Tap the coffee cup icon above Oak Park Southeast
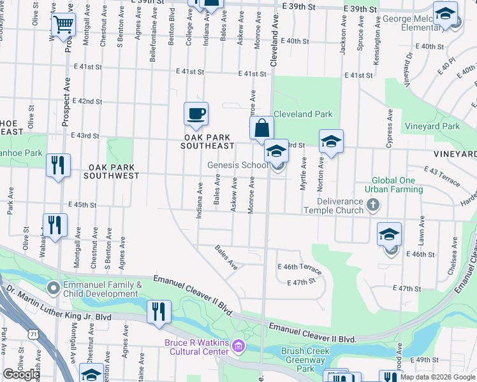pyautogui.click(x=196, y=114)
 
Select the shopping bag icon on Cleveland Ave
pyautogui.click(x=261, y=127)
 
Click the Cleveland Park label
pyautogui.click(x=303, y=115)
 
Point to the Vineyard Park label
pyautogui.click(x=451, y=127)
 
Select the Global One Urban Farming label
pyautogui.click(x=390, y=185)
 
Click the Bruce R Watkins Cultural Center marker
pyautogui.click(x=238, y=346)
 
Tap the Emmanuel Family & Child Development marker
pyautogui.click(x=54, y=288)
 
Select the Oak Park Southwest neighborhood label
pyautogui.click(x=111, y=171)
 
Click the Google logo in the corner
pyautogui.click(x=21, y=374)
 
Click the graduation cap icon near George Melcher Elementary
pyautogui.click(x=445, y=13)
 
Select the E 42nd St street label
pyautogui.click(x=87, y=101)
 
